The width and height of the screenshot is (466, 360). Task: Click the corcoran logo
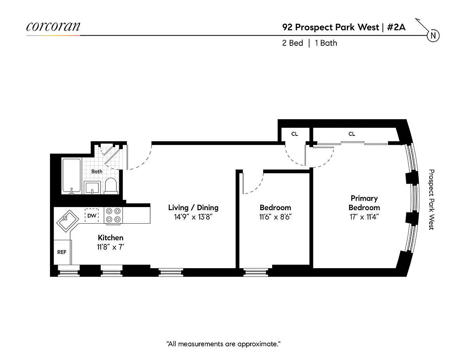click(53, 26)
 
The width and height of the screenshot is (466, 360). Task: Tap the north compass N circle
click(433, 36)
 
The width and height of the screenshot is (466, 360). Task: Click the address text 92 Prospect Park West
click(330, 27)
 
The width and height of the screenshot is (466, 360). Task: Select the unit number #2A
click(397, 27)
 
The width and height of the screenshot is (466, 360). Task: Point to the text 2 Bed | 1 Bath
click(310, 43)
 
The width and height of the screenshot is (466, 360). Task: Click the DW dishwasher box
click(92, 216)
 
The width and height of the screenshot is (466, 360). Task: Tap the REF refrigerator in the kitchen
click(62, 252)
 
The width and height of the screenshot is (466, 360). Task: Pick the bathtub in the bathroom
click(72, 176)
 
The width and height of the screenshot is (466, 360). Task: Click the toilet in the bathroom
click(111, 186)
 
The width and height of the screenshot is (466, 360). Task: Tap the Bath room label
click(97, 171)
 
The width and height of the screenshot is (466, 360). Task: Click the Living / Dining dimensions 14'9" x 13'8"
click(193, 216)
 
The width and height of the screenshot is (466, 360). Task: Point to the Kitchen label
click(111, 238)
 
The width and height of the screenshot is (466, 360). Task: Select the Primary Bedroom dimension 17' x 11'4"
click(364, 216)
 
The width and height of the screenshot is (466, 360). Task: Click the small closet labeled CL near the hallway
click(294, 134)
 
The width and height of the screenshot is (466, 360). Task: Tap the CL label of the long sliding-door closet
click(351, 134)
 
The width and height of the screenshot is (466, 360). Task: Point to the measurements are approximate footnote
click(224, 344)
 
